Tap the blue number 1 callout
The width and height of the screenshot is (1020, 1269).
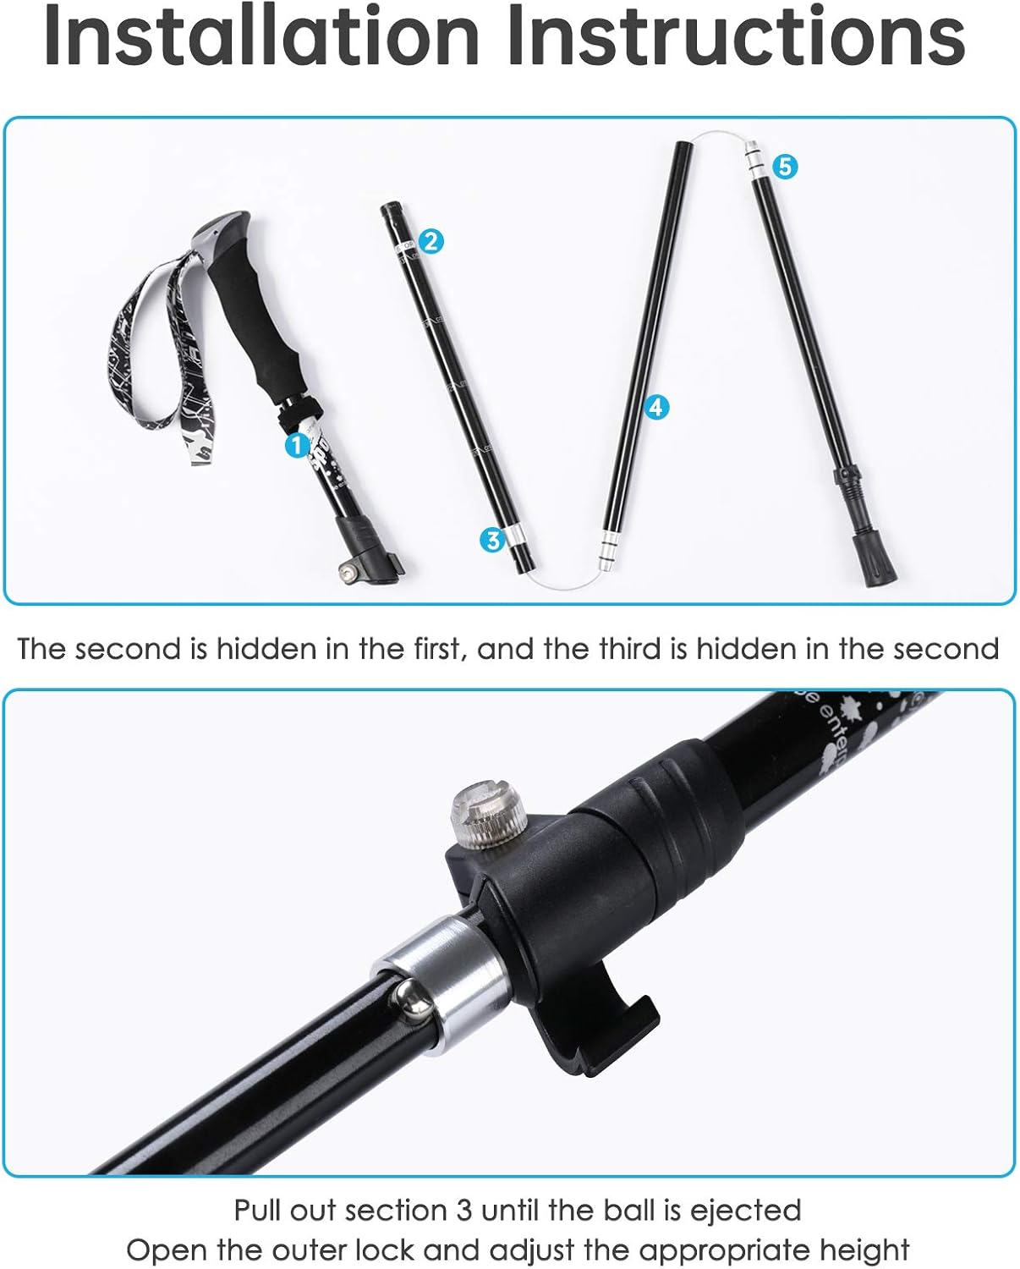click(297, 445)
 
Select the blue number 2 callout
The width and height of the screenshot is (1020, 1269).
click(430, 241)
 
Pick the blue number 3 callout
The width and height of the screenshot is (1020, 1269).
click(492, 539)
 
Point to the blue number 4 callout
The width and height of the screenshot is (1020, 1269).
click(656, 407)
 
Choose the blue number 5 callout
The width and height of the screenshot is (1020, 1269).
click(785, 167)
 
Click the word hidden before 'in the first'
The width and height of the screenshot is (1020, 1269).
click(254, 649)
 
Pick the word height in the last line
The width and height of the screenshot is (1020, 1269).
click(864, 1250)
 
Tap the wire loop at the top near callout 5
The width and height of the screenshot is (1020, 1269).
click(719, 135)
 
